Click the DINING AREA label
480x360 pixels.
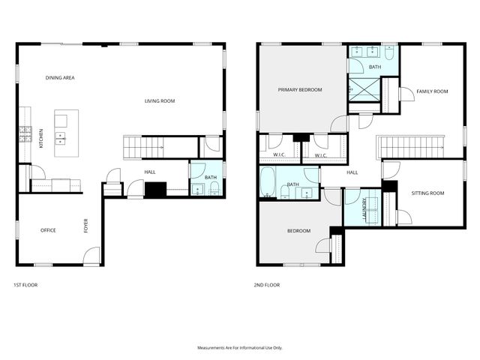tap(60, 77)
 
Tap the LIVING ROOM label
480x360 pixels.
tap(160, 100)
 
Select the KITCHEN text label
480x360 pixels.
tap(41, 139)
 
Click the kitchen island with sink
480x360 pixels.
tap(66, 129)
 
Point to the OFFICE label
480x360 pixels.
tap(48, 230)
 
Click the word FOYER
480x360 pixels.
tap(85, 225)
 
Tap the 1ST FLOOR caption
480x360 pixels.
tap(25, 286)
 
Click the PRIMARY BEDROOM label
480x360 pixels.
tap(300, 90)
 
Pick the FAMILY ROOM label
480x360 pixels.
tap(432, 91)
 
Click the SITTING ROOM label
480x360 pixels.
tap(427, 193)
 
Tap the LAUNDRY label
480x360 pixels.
tap(365, 207)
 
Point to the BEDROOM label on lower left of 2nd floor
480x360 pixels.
tap(298, 231)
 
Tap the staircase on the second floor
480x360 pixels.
tap(409, 147)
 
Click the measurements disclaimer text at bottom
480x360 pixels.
tap(239, 348)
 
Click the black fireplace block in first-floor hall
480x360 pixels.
tap(155, 190)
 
